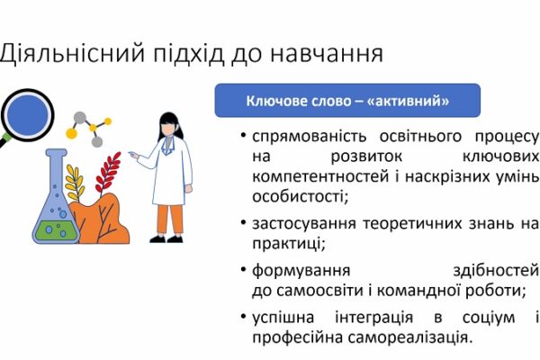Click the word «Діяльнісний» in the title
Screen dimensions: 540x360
(x=72, y=54)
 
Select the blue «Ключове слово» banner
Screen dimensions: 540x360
(x=347, y=101)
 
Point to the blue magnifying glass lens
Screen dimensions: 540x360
(x=27, y=115)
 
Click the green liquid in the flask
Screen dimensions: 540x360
(x=55, y=230)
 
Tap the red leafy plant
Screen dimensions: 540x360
(x=108, y=173)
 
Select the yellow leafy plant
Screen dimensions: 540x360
(x=75, y=184)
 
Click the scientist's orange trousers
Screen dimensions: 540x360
(x=170, y=220)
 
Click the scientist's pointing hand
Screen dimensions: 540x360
(x=133, y=155)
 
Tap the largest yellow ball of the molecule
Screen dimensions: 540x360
(x=71, y=133)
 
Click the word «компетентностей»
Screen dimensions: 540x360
(x=320, y=177)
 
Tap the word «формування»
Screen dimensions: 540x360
(x=301, y=271)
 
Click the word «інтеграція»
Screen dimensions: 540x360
(x=373, y=317)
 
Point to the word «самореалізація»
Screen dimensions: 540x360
(x=409, y=337)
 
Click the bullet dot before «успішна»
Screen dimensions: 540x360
(x=244, y=316)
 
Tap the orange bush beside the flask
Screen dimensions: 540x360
(x=100, y=220)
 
